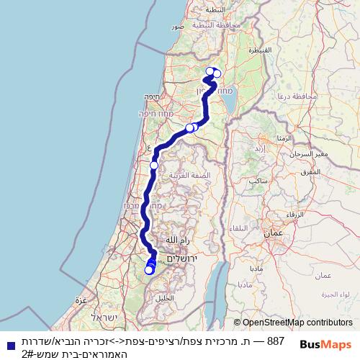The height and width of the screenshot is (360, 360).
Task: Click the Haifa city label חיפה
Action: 150,96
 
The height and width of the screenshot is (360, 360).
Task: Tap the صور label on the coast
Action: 178,26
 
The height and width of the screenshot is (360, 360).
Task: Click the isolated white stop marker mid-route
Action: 153,166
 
